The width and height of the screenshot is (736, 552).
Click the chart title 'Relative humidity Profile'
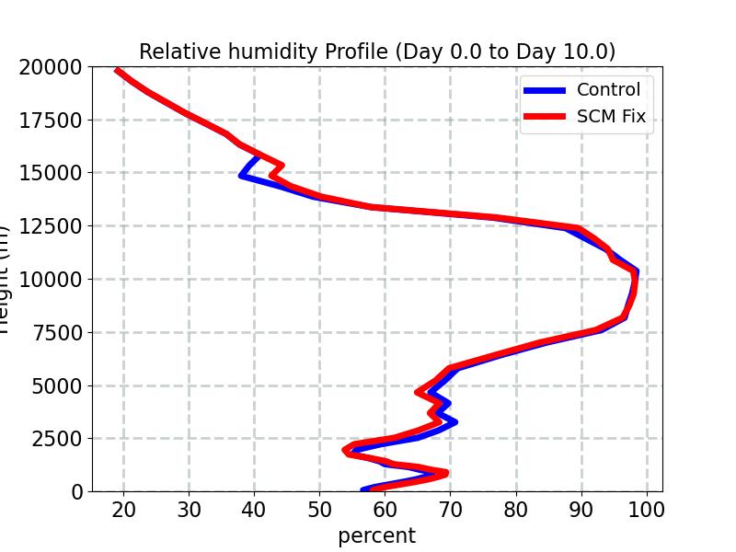(376, 52)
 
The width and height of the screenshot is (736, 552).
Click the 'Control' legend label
(607, 90)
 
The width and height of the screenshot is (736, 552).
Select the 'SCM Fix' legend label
(611, 117)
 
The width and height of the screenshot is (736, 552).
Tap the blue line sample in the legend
(546, 90)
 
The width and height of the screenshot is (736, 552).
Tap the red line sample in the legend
(546, 117)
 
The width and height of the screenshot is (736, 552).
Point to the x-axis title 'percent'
(376, 536)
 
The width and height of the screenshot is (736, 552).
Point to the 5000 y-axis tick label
(55, 386)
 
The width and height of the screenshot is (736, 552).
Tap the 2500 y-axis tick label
(55, 439)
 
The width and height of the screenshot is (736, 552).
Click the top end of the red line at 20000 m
(117, 70)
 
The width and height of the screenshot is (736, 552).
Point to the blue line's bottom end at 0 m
(364, 489)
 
